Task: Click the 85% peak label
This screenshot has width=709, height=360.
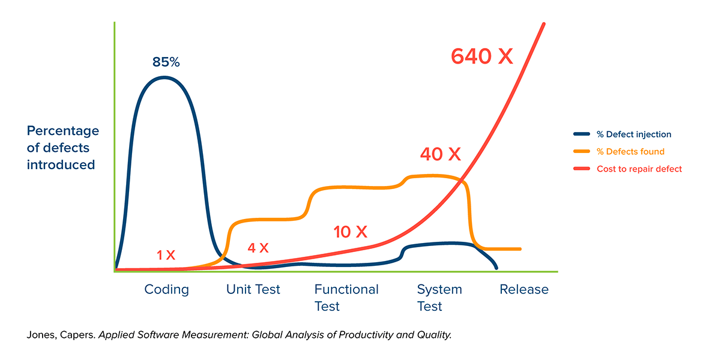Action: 166,62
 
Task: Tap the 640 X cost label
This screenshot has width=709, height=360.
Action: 482,56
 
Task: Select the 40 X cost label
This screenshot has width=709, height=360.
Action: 440,154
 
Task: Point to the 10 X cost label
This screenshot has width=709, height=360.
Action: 350,232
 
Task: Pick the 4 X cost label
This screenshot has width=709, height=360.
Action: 258,247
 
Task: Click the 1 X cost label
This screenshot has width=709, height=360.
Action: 166,255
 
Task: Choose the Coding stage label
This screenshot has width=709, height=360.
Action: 166,290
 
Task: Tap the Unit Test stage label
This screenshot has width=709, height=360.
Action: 253,290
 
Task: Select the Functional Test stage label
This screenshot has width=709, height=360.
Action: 346,298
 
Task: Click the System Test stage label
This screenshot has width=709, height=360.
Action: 439,298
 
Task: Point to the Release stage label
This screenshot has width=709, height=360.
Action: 524,290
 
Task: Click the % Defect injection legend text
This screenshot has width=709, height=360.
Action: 634,134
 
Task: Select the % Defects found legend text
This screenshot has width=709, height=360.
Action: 630,152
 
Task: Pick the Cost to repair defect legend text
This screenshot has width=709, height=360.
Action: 639,169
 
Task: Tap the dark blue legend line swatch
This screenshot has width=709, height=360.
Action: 582,134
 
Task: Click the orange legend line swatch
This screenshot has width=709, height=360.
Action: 582,152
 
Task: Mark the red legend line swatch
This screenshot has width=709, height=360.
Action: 582,169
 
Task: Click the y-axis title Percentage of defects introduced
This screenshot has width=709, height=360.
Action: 62,148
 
